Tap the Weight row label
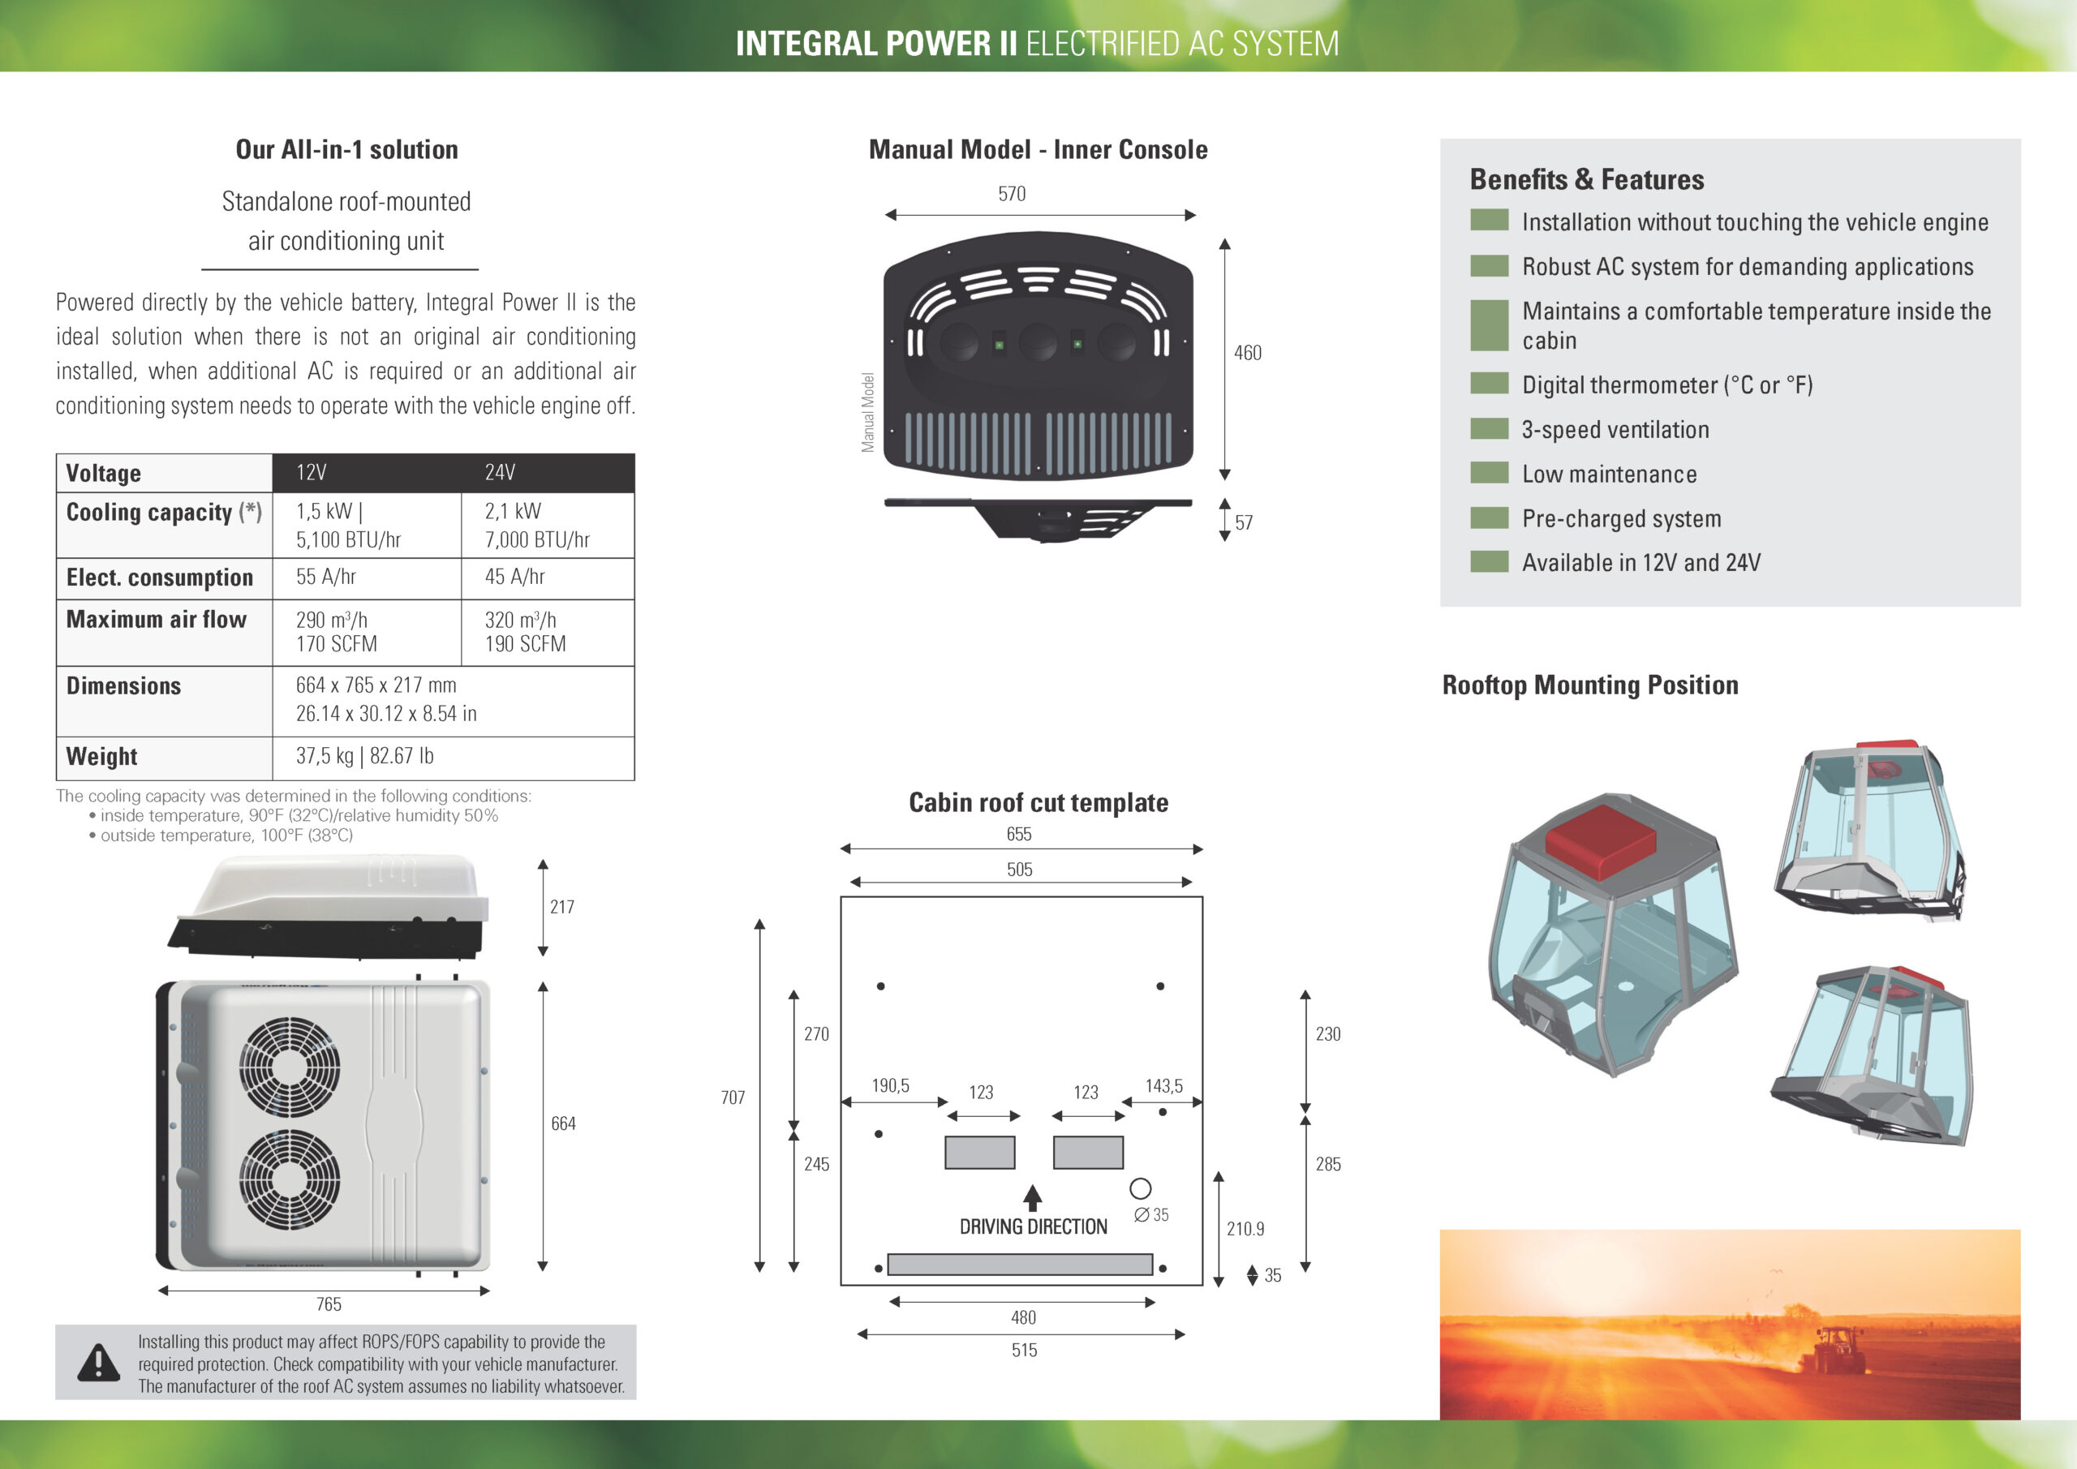click(x=101, y=756)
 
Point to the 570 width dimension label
click(x=1012, y=194)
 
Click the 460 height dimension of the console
click(x=1248, y=353)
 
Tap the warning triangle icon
click(x=97, y=1362)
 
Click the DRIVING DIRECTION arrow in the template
click(x=1032, y=1197)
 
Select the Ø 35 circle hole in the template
click(x=1141, y=1188)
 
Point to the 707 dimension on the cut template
click(x=733, y=1097)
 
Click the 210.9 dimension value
click(x=1245, y=1228)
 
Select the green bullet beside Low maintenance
click(x=1489, y=473)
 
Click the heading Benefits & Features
click(x=1587, y=179)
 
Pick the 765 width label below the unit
click(x=329, y=1304)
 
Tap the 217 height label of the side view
click(x=561, y=906)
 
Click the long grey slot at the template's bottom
click(x=1020, y=1265)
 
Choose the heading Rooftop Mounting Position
click(x=1589, y=685)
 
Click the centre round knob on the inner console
click(x=1038, y=343)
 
